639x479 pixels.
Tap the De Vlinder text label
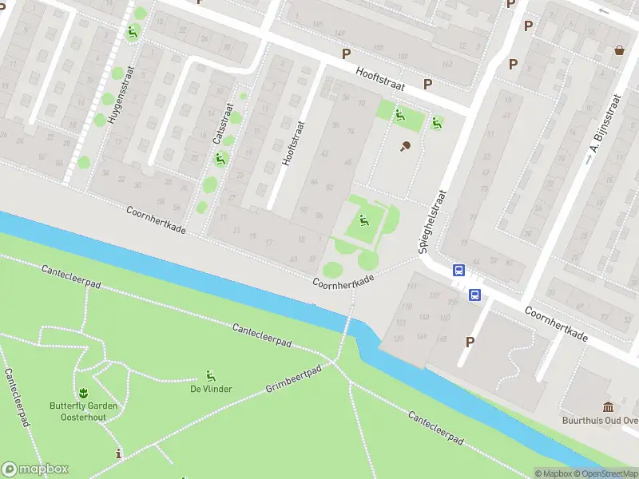coord(211,390)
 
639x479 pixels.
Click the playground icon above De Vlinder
coord(211,375)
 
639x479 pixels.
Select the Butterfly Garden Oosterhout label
coord(83,411)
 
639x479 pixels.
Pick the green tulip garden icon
coord(82,394)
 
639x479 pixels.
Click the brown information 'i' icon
coord(119,454)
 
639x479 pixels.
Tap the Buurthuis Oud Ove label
coord(600,419)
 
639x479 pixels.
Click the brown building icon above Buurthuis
coord(609,405)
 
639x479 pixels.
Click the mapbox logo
coord(35,469)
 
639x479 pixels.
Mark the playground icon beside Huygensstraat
coord(133,32)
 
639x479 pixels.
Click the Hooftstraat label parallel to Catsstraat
coord(294,144)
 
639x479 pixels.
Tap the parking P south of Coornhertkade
coord(470,342)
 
